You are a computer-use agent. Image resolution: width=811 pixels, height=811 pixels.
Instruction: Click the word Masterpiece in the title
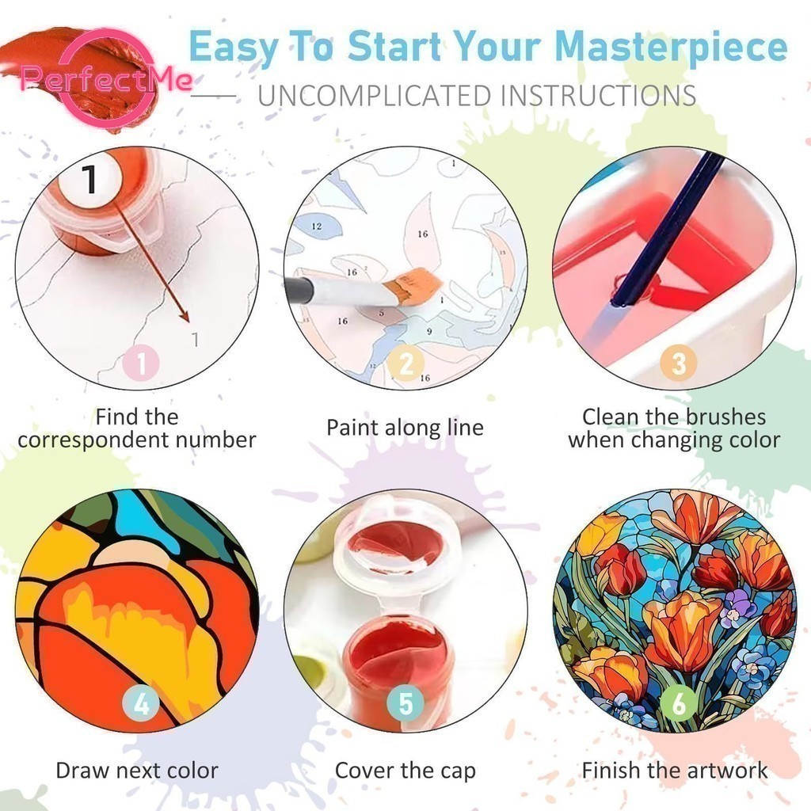[x=671, y=47]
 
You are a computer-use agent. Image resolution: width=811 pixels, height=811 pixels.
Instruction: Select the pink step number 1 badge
[x=141, y=363]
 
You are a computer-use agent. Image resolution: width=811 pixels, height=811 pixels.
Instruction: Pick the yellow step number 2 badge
[x=406, y=363]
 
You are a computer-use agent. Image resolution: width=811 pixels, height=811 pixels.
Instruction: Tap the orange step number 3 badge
[x=678, y=363]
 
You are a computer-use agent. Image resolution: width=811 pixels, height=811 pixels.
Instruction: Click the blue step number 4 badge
[x=141, y=703]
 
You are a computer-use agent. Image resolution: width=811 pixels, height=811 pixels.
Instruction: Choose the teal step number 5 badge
[x=406, y=703]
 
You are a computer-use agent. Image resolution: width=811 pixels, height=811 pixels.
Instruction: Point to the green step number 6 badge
[x=678, y=703]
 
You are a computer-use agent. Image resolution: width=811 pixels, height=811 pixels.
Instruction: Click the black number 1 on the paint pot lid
[x=89, y=179]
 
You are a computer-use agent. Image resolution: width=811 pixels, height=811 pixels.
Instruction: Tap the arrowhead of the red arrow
[x=183, y=314]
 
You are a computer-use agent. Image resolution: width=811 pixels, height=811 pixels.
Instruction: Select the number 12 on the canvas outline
[x=317, y=226]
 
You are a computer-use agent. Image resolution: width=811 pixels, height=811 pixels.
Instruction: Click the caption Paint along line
[x=405, y=428]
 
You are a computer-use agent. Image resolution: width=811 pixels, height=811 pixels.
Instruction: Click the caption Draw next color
[x=137, y=770]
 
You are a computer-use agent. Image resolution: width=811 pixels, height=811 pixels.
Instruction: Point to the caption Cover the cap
[x=405, y=771]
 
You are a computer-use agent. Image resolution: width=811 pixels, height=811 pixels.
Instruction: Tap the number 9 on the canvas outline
[x=429, y=331]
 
